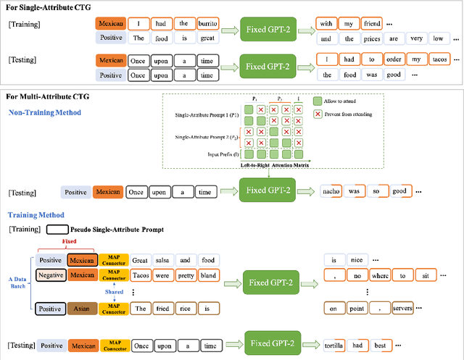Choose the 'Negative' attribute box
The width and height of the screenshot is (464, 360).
(50, 275)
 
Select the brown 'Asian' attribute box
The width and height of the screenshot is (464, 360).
(81, 308)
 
